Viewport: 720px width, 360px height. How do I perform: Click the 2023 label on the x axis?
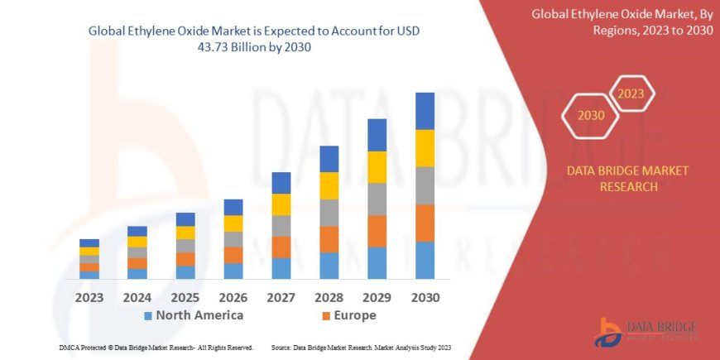pyautogui.click(x=89, y=297)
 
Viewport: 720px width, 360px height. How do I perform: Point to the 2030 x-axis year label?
pyautogui.click(x=425, y=297)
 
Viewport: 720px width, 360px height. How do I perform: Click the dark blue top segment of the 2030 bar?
pyautogui.click(x=425, y=111)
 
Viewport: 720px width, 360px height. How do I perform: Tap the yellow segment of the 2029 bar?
pyautogui.click(x=377, y=167)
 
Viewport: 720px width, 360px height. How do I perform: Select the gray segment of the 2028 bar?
pyautogui.click(x=329, y=213)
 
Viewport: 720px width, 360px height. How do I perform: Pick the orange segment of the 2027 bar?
pyautogui.click(x=281, y=247)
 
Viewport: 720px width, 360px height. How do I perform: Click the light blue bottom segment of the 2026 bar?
pyautogui.click(x=233, y=271)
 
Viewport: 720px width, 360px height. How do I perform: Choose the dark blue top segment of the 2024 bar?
pyautogui.click(x=137, y=231)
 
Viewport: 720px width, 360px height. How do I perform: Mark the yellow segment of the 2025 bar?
pyautogui.click(x=185, y=233)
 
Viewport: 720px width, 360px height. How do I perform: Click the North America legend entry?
pyautogui.click(x=194, y=315)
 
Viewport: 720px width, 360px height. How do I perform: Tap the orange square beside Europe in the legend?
pyautogui.click(x=326, y=316)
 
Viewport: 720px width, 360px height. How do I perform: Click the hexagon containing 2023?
pyautogui.click(x=631, y=94)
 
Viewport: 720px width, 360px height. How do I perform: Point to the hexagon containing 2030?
pyautogui.click(x=590, y=116)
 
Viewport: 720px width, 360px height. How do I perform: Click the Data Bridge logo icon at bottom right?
pyautogui.click(x=608, y=332)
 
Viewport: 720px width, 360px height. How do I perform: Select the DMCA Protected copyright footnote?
pyautogui.click(x=156, y=348)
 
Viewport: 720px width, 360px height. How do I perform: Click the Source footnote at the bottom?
pyautogui.click(x=360, y=348)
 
